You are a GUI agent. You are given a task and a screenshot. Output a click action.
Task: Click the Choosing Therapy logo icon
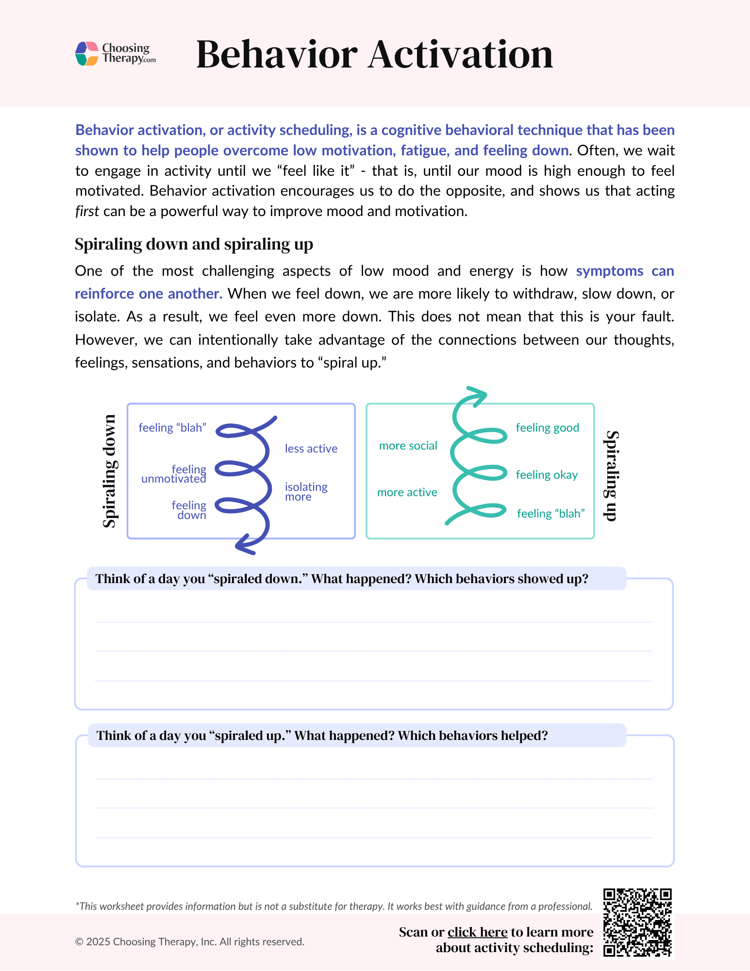(87, 53)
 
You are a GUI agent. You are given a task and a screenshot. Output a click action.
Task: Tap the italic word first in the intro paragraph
(87, 212)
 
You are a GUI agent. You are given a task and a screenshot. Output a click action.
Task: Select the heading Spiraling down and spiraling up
(194, 244)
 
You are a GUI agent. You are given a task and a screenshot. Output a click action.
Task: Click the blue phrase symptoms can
(625, 271)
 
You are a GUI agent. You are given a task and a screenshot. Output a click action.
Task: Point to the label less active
(311, 449)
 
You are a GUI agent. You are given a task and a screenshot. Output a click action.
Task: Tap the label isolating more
(306, 492)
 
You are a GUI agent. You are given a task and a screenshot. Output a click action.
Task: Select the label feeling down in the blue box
(189, 510)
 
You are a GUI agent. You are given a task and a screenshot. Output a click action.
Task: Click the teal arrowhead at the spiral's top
(476, 395)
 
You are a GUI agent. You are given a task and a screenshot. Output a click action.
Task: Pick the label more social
(408, 446)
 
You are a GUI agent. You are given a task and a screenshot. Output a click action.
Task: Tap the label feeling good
(547, 428)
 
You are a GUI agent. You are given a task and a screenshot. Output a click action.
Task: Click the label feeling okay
(547, 475)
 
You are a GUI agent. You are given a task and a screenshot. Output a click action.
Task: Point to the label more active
(407, 492)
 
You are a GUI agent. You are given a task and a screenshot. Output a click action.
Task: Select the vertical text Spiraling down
(110, 471)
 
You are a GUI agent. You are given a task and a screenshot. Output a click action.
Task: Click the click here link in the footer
(477, 932)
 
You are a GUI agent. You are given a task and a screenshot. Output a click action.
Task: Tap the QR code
(637, 922)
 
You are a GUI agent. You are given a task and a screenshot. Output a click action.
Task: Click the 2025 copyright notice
(189, 942)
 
